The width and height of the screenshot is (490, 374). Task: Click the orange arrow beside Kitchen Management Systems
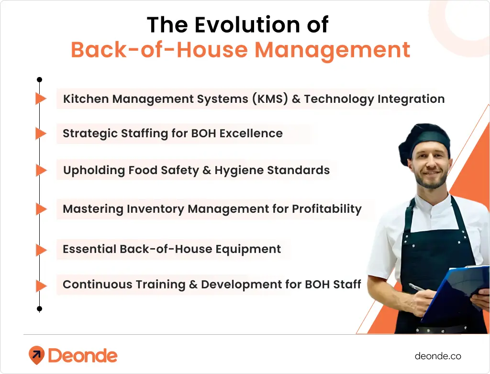click(x=41, y=99)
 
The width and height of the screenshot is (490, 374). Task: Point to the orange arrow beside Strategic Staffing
click(x=41, y=134)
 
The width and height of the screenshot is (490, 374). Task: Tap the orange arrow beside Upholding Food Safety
click(x=41, y=170)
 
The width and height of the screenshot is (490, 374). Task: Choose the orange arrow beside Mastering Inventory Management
click(x=41, y=209)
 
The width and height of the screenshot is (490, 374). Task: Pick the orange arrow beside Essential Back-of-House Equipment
click(x=41, y=250)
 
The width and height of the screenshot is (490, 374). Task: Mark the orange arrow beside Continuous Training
click(x=41, y=286)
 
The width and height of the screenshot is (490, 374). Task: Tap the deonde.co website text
click(x=438, y=356)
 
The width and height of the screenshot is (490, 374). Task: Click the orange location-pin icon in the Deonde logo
click(x=36, y=355)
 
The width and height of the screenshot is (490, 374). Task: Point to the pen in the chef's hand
click(x=417, y=288)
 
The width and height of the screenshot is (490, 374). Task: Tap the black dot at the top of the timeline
click(x=40, y=79)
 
